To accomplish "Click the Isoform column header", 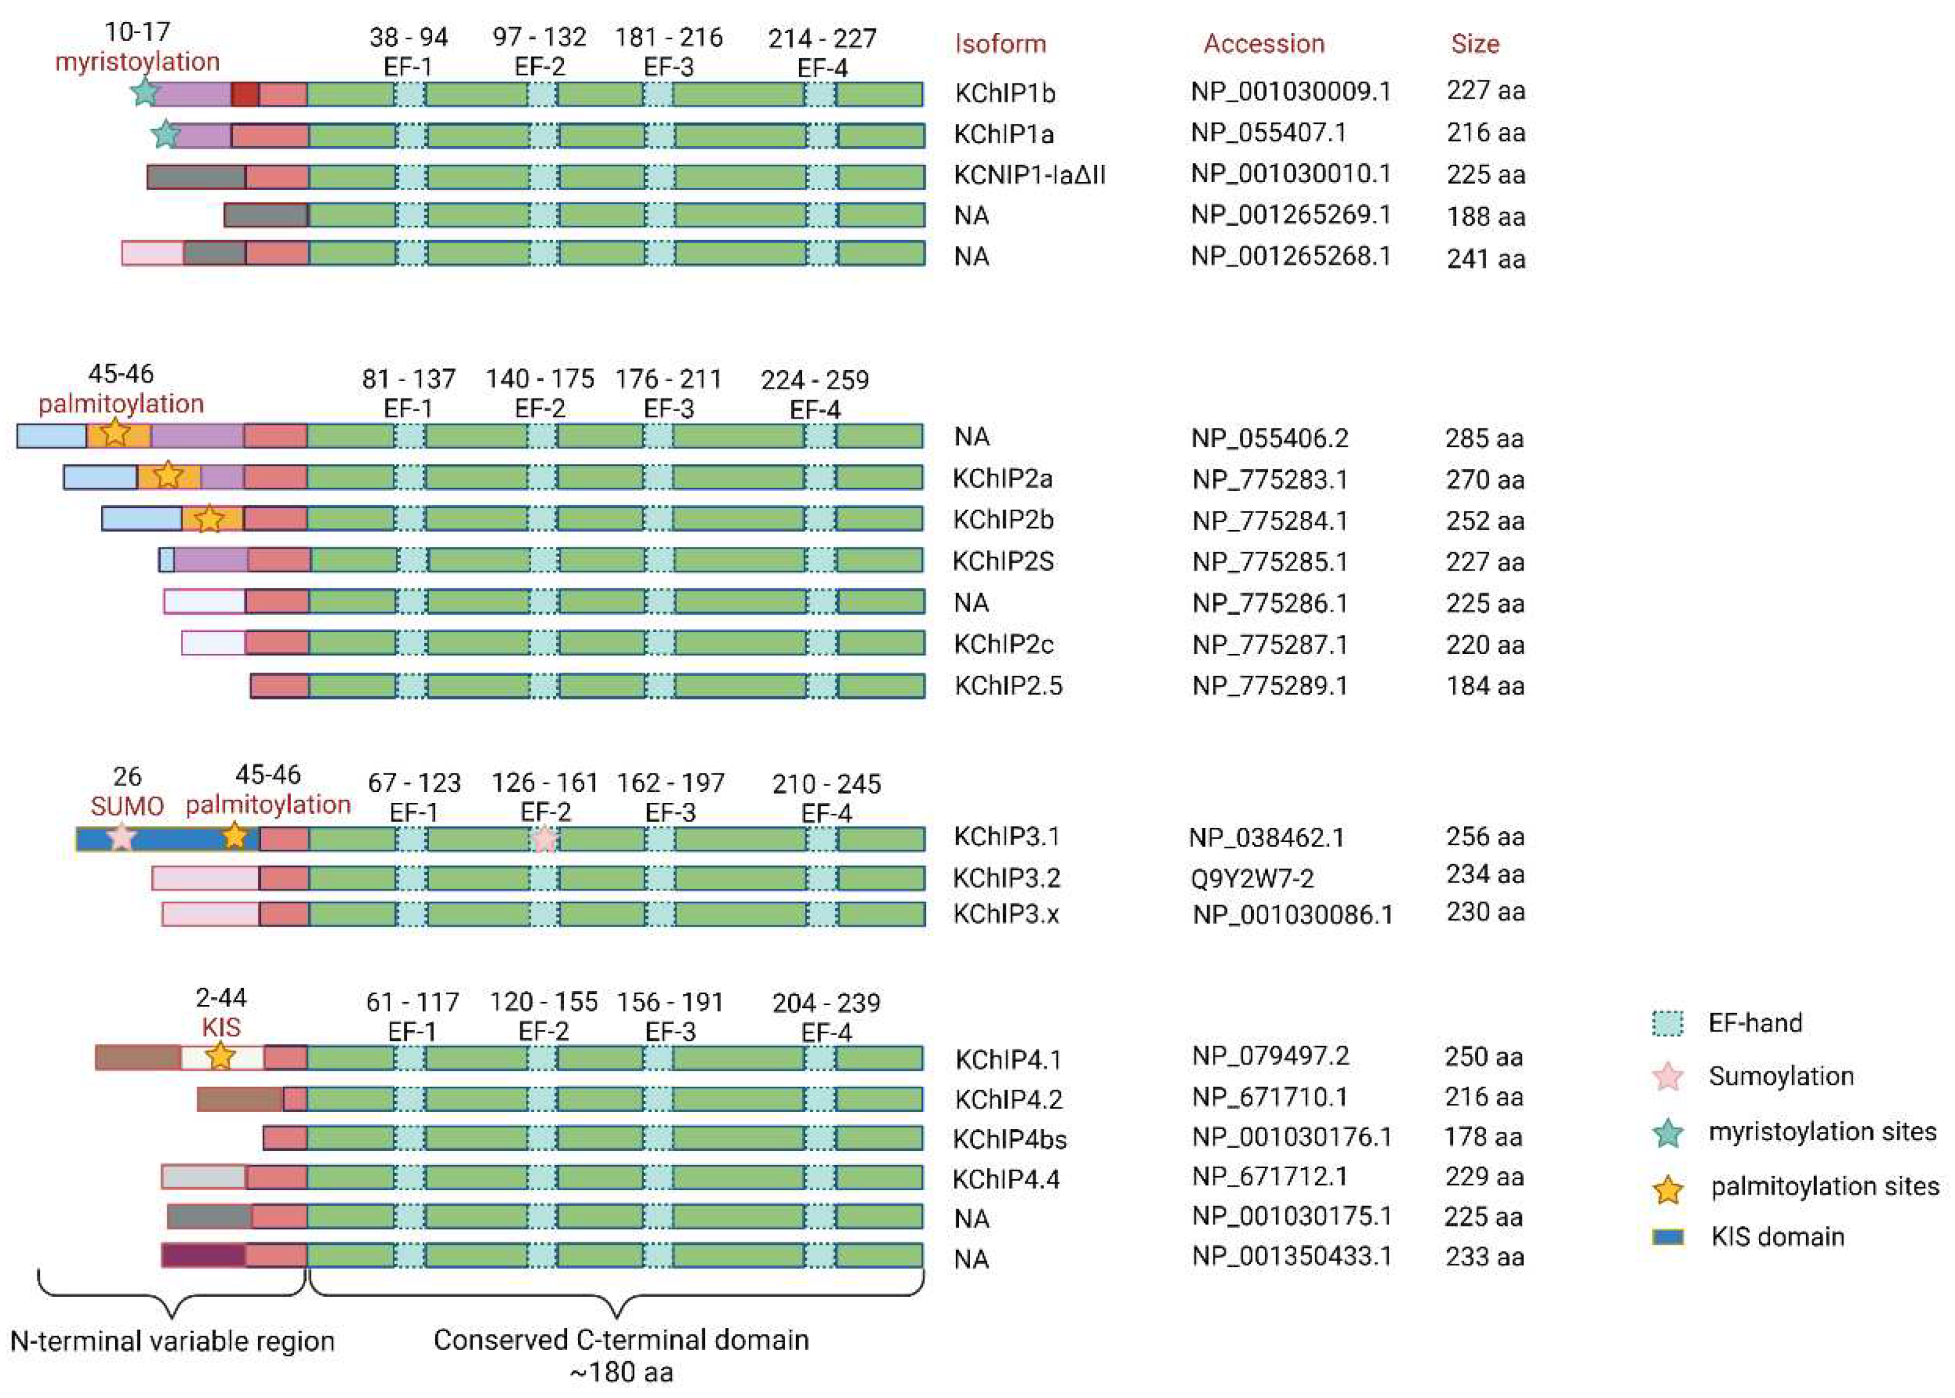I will [x=1000, y=44].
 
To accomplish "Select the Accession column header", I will [x=1263, y=44].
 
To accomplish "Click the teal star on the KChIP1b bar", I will [x=145, y=91].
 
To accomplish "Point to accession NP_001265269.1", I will [x=1291, y=215].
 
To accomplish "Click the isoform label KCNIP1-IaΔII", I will [x=1029, y=175].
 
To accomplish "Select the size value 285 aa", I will [x=1484, y=438].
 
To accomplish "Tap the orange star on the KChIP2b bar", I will [x=208, y=519].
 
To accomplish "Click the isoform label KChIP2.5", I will [x=1008, y=686].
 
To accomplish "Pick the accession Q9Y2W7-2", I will [x=1253, y=879].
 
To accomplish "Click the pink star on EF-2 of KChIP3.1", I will [x=544, y=838].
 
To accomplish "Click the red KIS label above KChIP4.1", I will [x=221, y=1027].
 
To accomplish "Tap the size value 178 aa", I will [x=1482, y=1137].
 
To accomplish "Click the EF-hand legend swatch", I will [x=1668, y=1024].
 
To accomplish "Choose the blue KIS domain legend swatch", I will [x=1668, y=1237].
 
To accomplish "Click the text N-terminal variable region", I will [x=172, y=1341].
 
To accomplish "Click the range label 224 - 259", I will [x=814, y=379].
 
